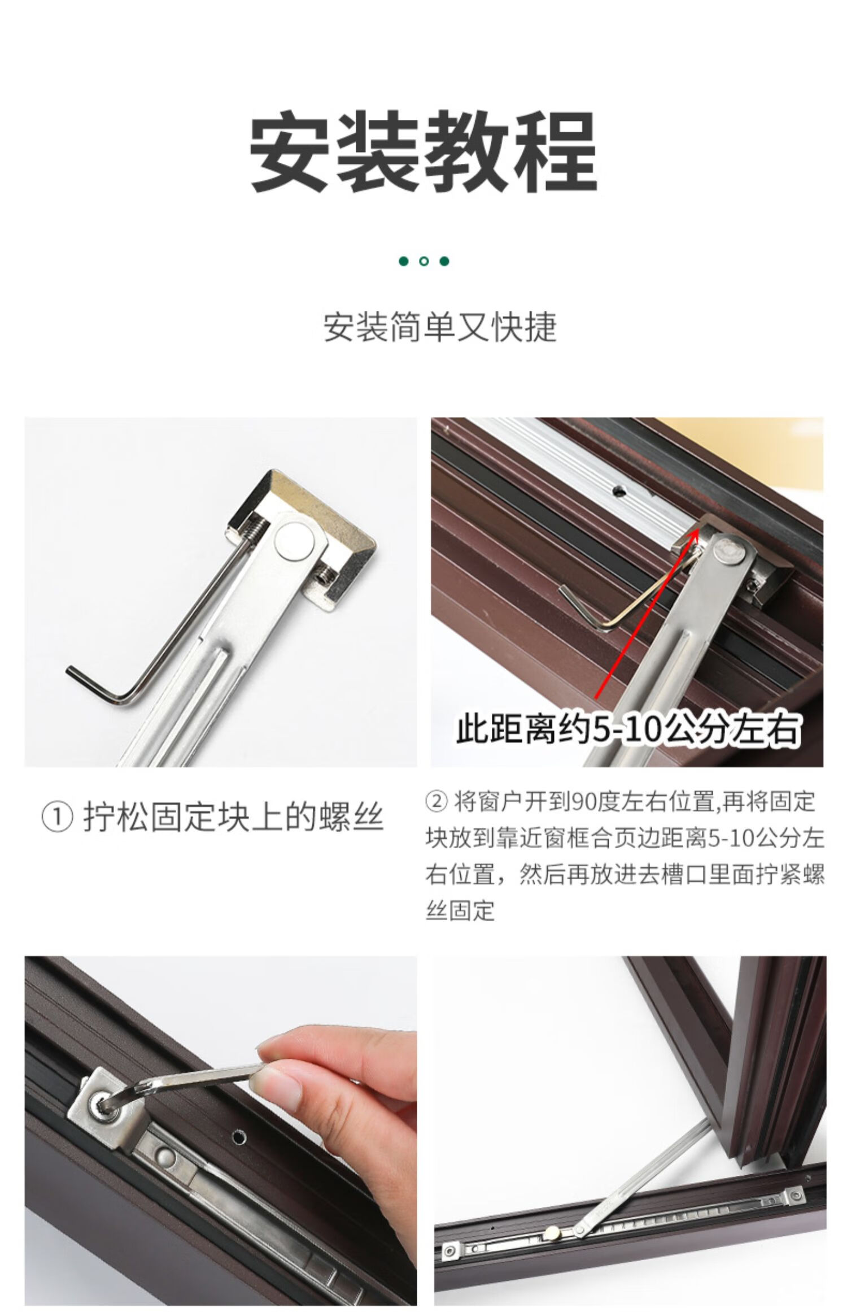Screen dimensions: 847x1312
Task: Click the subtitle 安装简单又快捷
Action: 440,327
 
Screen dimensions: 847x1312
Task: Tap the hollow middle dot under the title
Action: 424,261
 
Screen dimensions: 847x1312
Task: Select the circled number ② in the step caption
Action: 438,802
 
